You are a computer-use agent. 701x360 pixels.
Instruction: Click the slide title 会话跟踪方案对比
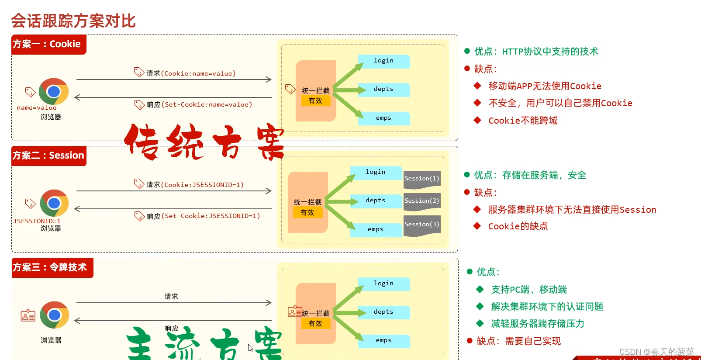73,21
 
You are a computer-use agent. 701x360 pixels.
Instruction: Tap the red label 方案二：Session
48,156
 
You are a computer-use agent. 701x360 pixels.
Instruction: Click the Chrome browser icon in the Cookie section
54,91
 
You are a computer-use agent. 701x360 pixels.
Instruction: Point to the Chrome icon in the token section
54,315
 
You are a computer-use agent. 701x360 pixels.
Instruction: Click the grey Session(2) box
421,201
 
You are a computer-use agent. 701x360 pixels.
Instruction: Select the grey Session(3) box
421,225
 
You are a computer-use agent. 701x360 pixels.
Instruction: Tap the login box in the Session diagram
376,172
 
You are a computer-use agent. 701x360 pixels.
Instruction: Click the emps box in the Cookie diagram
383,118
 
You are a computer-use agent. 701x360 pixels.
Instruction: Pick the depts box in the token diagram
383,312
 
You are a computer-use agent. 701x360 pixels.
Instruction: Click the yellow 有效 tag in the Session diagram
307,212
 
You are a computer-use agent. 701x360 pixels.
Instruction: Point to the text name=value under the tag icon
37,107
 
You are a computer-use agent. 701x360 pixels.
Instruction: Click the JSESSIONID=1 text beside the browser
37,221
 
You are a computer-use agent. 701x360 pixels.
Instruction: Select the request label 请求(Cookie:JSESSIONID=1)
195,185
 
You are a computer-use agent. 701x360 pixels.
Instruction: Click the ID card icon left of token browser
28,315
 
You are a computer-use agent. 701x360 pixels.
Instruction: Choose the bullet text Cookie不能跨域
523,121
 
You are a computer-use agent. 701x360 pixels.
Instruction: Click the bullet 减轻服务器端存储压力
538,324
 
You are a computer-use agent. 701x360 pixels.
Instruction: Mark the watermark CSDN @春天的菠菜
656,352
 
